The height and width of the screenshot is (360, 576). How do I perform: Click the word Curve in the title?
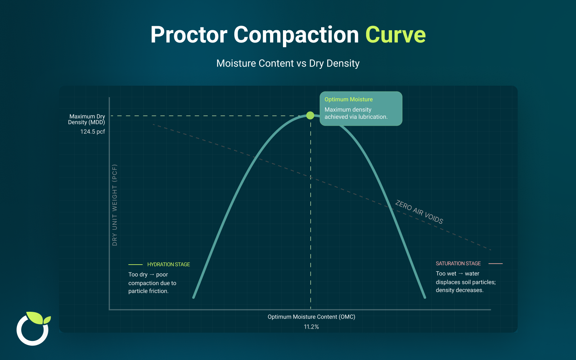(395, 35)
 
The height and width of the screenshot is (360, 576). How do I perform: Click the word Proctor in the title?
(189, 35)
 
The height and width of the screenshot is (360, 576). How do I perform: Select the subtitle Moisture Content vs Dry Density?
(288, 63)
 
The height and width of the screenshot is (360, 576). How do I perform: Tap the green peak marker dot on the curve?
(310, 116)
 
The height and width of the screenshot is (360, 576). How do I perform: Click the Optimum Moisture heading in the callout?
(348, 99)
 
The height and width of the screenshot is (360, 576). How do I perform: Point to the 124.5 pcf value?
(93, 132)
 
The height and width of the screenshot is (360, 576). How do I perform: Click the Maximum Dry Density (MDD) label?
(87, 119)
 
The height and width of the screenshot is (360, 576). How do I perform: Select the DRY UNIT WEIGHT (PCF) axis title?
(115, 205)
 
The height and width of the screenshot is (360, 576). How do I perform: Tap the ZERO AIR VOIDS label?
(419, 212)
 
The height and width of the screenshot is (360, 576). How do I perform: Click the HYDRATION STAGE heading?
(168, 265)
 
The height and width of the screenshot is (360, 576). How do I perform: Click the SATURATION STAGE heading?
(458, 264)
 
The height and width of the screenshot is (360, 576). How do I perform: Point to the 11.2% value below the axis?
(311, 327)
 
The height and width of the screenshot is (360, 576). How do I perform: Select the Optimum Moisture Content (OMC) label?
(311, 317)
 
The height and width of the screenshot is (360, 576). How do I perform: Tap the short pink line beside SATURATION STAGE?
(495, 264)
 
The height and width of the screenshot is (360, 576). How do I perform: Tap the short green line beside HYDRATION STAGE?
(135, 265)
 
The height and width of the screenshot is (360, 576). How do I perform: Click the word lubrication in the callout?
(372, 117)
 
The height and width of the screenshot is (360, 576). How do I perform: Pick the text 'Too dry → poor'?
(148, 275)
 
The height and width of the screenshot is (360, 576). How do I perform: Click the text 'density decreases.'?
(459, 290)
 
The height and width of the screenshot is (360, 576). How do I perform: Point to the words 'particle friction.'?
(148, 291)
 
